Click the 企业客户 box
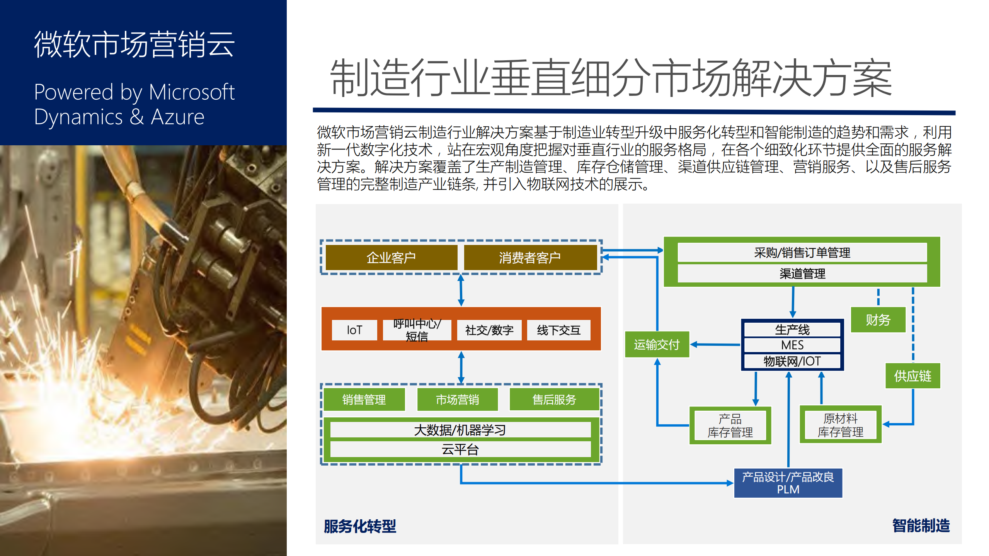391,257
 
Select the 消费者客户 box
530,257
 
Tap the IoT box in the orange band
354,330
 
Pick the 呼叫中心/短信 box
417,330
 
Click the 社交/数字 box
489,330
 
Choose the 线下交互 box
558,330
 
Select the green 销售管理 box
364,400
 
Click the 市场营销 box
457,400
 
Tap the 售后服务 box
554,400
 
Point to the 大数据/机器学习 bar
460,430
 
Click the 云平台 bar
460,449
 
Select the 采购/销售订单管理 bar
802,252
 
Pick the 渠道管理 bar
802,274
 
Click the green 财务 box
878,320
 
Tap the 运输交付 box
657,344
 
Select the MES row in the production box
792,345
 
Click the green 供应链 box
912,376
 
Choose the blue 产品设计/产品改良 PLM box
788,483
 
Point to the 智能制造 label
921,526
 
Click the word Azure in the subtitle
177,117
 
